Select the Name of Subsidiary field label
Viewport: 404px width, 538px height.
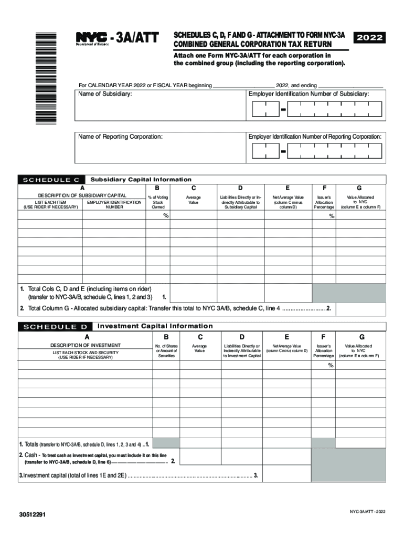click(x=105, y=94)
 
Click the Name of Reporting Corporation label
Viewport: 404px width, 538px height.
click(x=121, y=137)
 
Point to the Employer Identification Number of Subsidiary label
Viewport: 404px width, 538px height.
click(x=316, y=94)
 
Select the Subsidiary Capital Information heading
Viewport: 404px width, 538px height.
click(x=141, y=180)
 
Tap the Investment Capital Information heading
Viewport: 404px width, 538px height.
click(x=155, y=326)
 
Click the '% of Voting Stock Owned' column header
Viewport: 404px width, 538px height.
click(x=158, y=202)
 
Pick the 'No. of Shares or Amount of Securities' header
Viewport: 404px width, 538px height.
click(x=166, y=351)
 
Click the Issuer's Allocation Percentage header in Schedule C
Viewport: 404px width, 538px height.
click(x=324, y=202)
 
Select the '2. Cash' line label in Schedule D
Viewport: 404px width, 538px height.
click(x=28, y=455)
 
